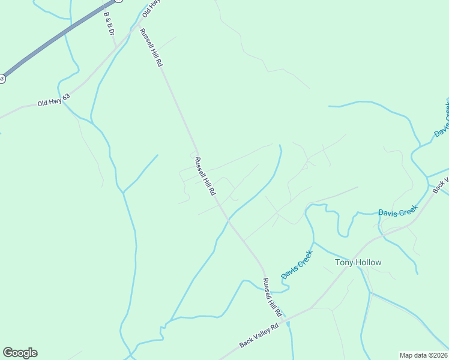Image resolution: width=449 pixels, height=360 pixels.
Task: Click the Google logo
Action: click(20, 353)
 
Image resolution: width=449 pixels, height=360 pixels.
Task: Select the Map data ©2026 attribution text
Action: click(423, 355)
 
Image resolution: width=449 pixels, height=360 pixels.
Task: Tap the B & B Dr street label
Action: click(109, 22)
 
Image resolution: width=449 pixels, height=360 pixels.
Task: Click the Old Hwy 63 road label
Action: click(53, 100)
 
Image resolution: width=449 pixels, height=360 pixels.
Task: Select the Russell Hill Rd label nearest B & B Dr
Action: click(151, 47)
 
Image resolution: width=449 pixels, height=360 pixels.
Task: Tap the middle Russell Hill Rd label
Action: click(205, 176)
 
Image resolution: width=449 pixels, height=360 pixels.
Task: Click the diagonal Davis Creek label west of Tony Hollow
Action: click(297, 264)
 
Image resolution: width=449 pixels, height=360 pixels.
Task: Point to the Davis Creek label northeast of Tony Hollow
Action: click(397, 211)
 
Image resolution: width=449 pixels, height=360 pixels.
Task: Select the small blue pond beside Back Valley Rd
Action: click(288, 325)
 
